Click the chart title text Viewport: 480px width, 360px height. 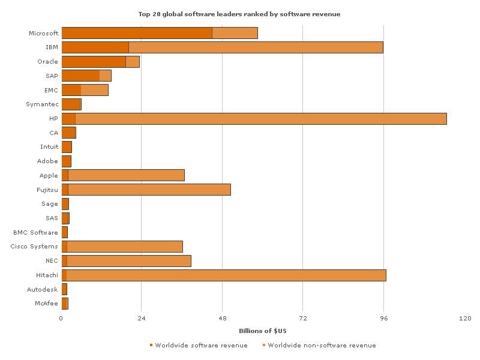click(x=239, y=14)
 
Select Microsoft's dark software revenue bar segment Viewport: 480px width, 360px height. click(x=137, y=33)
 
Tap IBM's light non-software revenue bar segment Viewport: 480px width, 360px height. click(x=256, y=47)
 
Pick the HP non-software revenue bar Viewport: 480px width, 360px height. click(x=261, y=119)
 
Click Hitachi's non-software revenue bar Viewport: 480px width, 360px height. click(x=226, y=275)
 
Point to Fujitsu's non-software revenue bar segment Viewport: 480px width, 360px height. click(x=149, y=190)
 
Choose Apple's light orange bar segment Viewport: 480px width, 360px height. click(x=126, y=176)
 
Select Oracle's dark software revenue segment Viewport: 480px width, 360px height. click(x=94, y=62)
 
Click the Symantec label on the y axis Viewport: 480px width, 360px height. click(x=42, y=104)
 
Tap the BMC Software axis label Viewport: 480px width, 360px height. click(x=36, y=233)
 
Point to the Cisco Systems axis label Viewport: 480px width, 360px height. click(x=35, y=247)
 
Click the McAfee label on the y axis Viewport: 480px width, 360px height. click(x=46, y=304)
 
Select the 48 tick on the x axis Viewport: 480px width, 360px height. click(x=223, y=319)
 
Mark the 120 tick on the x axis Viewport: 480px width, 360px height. click(x=464, y=319)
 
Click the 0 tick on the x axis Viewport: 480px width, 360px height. click(x=61, y=319)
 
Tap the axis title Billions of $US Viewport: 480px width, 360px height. click(x=262, y=331)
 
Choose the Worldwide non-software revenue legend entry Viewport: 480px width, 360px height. click(x=322, y=346)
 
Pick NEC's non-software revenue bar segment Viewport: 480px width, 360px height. click(x=129, y=261)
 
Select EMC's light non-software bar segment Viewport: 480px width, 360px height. click(x=94, y=90)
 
